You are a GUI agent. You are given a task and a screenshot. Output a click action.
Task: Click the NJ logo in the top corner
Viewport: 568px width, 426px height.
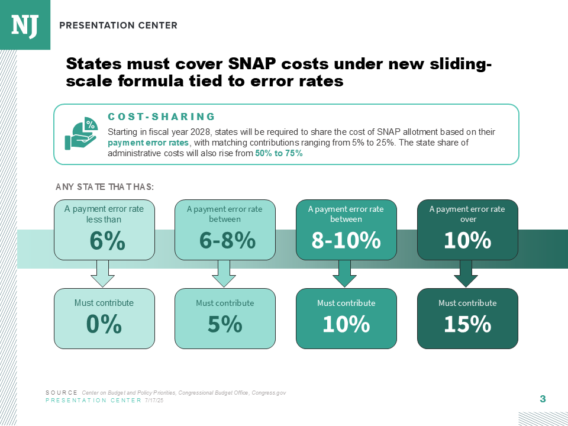pyautogui.click(x=25, y=24)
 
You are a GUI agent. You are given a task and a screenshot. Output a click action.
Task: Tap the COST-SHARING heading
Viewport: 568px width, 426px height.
pyautogui.click(x=162, y=117)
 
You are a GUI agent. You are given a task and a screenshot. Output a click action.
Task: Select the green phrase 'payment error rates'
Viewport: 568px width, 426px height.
pyautogui.click(x=149, y=143)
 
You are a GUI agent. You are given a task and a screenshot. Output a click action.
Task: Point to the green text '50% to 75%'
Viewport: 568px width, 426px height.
pyautogui.click(x=279, y=153)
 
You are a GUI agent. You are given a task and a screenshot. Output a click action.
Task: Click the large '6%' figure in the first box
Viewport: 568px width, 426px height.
pyautogui.click(x=107, y=241)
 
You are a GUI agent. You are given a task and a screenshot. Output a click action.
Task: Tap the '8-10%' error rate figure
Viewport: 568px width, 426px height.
pyautogui.click(x=346, y=241)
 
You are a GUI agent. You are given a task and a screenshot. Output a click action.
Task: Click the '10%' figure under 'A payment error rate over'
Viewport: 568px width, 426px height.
pyautogui.click(x=467, y=241)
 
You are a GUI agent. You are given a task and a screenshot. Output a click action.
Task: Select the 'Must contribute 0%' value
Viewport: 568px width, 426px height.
pyautogui.click(x=104, y=324)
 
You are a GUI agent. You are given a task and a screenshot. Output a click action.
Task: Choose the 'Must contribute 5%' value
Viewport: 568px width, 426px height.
pyautogui.click(x=225, y=324)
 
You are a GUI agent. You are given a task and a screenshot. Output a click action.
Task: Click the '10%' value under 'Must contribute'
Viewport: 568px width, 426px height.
pyautogui.click(x=346, y=324)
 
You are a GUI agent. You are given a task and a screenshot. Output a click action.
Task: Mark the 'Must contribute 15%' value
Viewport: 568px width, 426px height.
pyautogui.click(x=467, y=324)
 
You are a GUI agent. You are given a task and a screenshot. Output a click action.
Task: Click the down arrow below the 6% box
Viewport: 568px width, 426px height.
pyautogui.click(x=103, y=273)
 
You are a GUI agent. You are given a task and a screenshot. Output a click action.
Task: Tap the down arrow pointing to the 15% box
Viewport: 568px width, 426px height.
pyautogui.click(x=466, y=273)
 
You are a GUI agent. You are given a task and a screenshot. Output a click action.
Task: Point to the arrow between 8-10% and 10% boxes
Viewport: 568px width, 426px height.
pyautogui.click(x=345, y=273)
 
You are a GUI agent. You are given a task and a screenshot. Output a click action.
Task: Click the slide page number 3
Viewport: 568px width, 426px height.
pyautogui.click(x=543, y=399)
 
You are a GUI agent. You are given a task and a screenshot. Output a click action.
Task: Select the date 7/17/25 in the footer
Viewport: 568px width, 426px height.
pyautogui.click(x=154, y=401)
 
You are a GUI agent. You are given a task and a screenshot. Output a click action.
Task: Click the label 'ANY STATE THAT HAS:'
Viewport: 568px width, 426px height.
pyautogui.click(x=105, y=187)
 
